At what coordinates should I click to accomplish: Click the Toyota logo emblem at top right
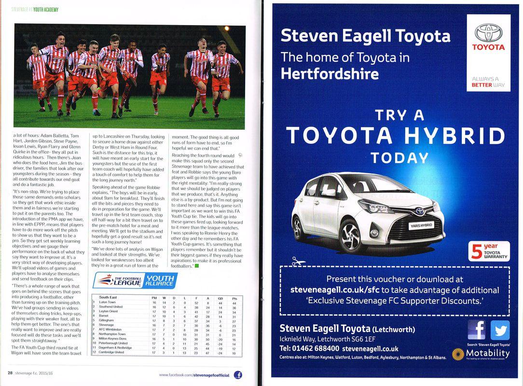point(488,32)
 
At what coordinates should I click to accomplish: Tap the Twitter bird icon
point(499,331)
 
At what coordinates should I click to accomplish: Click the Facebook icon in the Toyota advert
point(476,331)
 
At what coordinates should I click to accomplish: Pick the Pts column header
point(234,297)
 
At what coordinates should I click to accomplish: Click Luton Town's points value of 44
point(234,302)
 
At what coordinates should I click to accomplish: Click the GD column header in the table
point(220,297)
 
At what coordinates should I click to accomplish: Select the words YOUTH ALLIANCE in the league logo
point(159,281)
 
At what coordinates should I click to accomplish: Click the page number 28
point(10,373)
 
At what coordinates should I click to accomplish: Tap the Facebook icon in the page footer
point(237,374)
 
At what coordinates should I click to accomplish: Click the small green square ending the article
point(197,265)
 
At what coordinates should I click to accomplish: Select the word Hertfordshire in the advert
point(330,73)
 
